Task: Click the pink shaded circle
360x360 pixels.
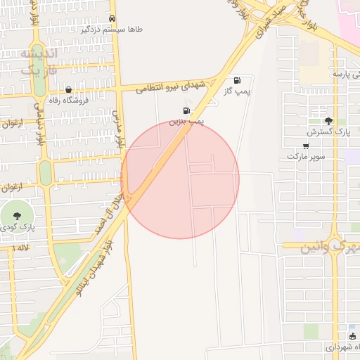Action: [x=181, y=180]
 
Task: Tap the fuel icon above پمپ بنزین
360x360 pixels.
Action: [x=186, y=110]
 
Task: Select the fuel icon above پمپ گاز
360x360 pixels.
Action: [x=236, y=81]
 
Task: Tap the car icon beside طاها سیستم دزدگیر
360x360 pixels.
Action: [x=112, y=18]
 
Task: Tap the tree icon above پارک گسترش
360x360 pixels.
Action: [x=328, y=121]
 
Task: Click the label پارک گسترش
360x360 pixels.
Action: [x=328, y=131]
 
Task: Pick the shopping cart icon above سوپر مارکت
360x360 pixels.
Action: [x=305, y=146]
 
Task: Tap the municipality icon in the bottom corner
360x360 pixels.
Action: [x=352, y=335]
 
